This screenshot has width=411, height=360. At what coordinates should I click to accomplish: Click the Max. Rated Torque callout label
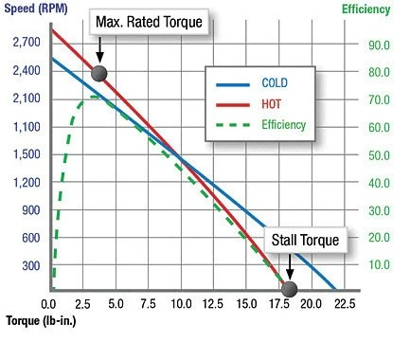149,22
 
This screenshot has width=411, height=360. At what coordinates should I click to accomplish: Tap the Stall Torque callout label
305,240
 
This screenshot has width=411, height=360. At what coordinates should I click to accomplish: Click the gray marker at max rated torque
99,74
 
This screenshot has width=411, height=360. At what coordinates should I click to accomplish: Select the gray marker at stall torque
289,289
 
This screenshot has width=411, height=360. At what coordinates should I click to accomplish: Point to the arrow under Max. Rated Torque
99,50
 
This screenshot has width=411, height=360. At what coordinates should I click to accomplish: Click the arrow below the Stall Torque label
290,267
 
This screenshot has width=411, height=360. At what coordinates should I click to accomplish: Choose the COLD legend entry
252,83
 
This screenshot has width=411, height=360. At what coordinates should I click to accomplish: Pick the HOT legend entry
248,104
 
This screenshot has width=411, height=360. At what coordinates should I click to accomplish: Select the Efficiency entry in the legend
260,125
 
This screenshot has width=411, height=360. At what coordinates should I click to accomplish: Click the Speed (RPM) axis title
36,9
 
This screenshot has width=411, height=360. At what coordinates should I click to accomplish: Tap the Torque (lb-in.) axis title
41,321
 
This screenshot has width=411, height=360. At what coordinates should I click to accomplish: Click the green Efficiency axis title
366,9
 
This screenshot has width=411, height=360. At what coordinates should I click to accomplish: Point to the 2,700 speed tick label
27,42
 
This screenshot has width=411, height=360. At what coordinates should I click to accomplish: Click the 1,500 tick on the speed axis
27,154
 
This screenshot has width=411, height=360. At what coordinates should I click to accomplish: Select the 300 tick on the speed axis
31,266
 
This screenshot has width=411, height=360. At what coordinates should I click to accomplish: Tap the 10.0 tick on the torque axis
181,304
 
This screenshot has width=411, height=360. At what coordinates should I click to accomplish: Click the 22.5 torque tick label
345,304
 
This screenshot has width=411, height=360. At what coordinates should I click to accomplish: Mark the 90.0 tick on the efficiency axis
379,45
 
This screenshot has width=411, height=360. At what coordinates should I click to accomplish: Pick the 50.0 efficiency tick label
379,155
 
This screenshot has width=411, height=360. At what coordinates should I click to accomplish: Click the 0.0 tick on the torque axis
48,304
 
